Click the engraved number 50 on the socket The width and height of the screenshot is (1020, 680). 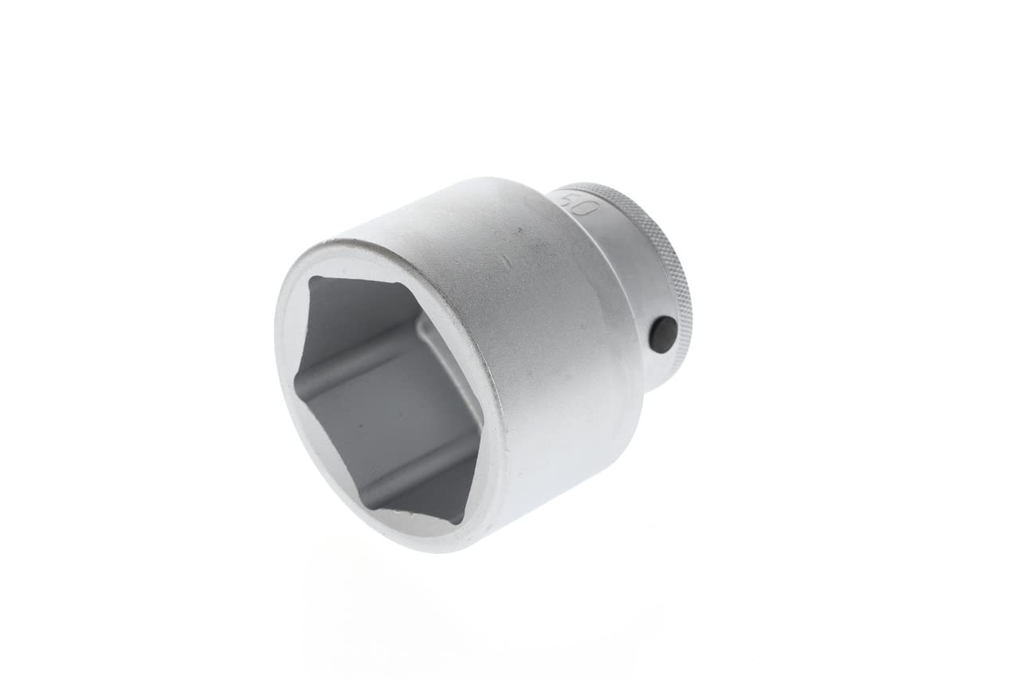pos(579,205)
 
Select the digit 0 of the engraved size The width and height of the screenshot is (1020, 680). pos(588,208)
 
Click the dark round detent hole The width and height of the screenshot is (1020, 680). pos(662,329)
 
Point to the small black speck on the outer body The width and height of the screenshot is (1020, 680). pos(518,230)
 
